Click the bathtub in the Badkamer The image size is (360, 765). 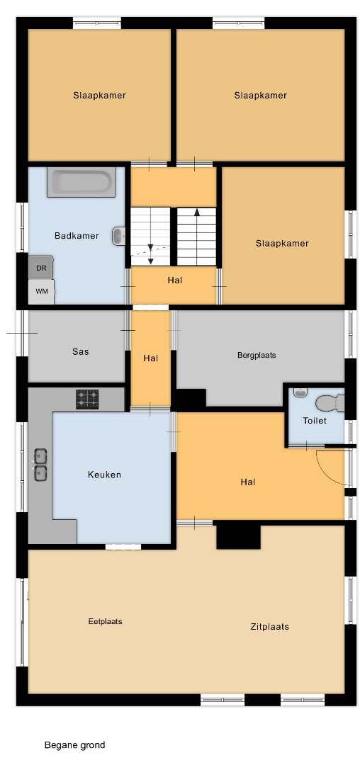tap(81, 183)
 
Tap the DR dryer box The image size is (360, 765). tap(41, 267)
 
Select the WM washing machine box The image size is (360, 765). tap(42, 291)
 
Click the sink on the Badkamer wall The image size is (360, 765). tap(118, 236)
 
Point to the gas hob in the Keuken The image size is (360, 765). tap(87, 399)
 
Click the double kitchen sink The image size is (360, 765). tap(40, 464)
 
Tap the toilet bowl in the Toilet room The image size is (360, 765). tap(330, 404)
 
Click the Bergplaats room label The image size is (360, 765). tap(257, 355)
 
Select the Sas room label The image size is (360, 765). tap(81, 351)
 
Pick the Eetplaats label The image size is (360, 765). tap(106, 622)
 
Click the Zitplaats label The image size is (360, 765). tap(270, 626)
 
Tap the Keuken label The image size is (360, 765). tap(104, 474)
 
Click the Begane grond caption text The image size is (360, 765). tap(74, 745)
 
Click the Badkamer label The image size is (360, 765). tap(77, 236)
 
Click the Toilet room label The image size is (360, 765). tap(315, 421)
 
